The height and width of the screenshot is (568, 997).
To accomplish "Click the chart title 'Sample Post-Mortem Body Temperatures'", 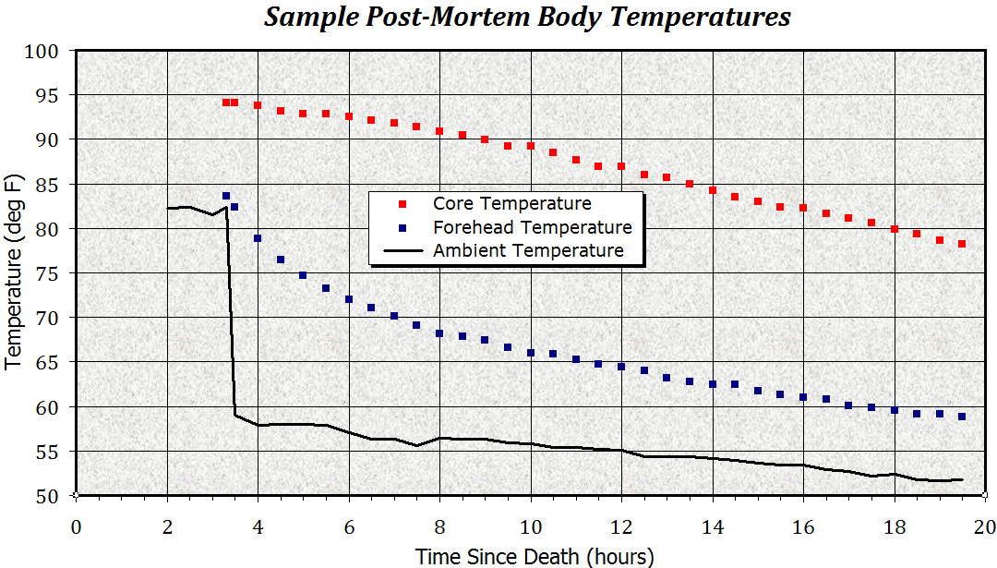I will [x=527, y=18].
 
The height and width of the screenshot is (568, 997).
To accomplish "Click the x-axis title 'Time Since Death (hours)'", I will [x=535, y=556].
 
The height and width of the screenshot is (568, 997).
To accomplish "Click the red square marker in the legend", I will [x=402, y=203].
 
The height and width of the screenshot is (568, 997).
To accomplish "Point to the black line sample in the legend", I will [x=402, y=251].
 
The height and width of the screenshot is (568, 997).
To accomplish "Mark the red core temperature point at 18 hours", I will [x=895, y=228].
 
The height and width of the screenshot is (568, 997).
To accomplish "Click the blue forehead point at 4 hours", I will [x=258, y=238].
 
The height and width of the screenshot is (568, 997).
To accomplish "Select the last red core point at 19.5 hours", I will [x=962, y=244].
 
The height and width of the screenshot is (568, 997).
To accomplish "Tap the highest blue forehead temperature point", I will [x=226, y=196].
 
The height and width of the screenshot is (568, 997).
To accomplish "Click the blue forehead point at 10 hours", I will [x=531, y=353].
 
